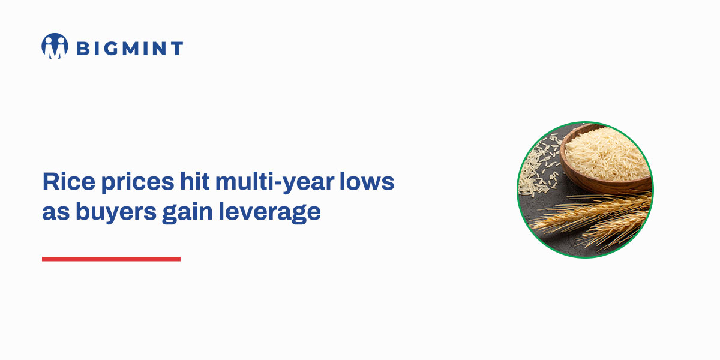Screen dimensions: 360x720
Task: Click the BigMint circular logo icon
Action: coord(55,46)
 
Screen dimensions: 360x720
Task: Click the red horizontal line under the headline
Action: coord(111,259)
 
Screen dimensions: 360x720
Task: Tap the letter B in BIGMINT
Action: coord(82,48)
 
